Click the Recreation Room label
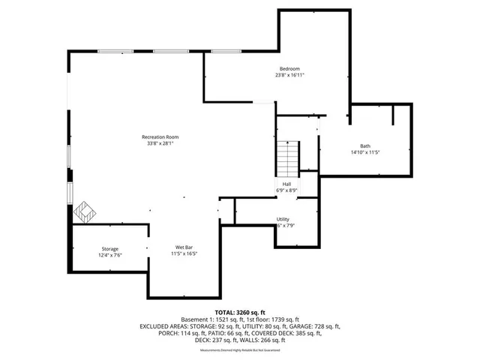pos(160,137)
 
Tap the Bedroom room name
pos(289,68)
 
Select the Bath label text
pos(365,145)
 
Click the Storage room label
pos(110,249)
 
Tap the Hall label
pos(286,184)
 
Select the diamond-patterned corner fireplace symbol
pos(83,211)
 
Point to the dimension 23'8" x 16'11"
pos(289,75)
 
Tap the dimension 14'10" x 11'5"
pos(366,152)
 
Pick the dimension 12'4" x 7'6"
pos(110,256)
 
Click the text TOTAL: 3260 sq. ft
pos(240,312)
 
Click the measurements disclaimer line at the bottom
pos(240,349)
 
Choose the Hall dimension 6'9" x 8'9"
pos(286,190)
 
